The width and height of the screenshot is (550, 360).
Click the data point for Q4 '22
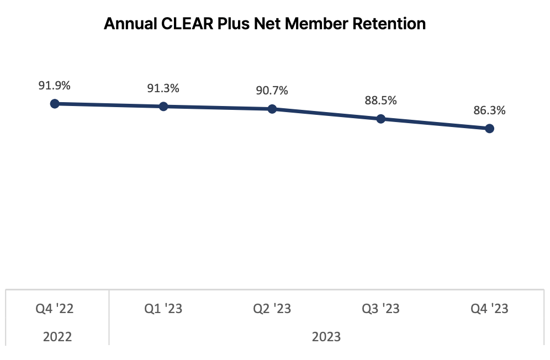pos(55,103)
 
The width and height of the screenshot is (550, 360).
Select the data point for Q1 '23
pos(163,106)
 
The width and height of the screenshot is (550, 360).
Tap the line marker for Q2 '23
pos(272,109)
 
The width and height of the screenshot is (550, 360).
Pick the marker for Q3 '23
pos(380,119)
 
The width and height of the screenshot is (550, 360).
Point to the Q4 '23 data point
pos(489,129)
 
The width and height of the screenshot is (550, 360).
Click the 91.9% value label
pos(54,86)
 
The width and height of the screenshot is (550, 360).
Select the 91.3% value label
pos(163,88)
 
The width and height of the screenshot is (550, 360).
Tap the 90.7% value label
pos(272,91)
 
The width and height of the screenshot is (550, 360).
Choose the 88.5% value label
pos(380,101)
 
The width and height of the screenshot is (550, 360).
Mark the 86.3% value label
pos(489,110)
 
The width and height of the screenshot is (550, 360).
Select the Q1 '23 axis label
pos(163,309)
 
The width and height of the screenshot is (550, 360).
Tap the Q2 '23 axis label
pos(272,309)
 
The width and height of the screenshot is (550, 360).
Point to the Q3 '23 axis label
pos(380,309)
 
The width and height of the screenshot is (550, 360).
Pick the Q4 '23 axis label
pos(489,309)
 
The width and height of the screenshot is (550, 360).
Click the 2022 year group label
pos(57,336)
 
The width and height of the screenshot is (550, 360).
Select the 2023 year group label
pos(326,336)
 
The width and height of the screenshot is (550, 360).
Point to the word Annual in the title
pos(126,24)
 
